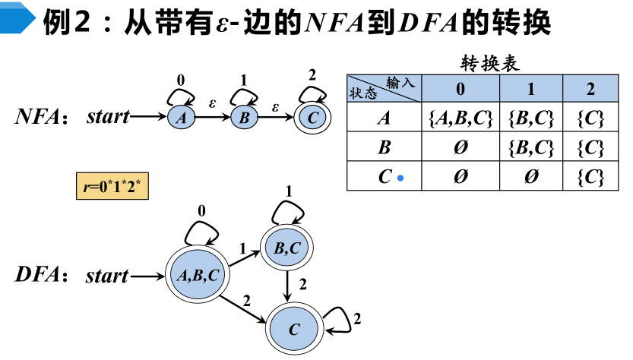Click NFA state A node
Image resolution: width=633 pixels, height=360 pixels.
pos(181,118)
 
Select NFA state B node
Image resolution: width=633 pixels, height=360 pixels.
pos(245,118)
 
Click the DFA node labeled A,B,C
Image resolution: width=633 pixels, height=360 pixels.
pos(198,275)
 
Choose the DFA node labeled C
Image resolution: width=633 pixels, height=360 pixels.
pos(293,327)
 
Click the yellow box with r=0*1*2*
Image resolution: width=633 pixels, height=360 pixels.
pos(112,185)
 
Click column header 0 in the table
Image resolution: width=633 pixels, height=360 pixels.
pos(461,89)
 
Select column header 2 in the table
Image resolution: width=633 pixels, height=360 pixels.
pos(590,89)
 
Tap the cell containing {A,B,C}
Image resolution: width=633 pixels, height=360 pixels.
pos(461,118)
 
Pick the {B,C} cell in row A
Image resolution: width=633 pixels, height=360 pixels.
pos(530,118)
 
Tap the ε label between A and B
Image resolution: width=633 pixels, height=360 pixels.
pos(212,102)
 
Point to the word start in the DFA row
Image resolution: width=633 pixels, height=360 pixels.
pos(107,275)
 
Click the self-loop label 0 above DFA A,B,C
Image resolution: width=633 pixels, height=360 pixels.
pos(201,210)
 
